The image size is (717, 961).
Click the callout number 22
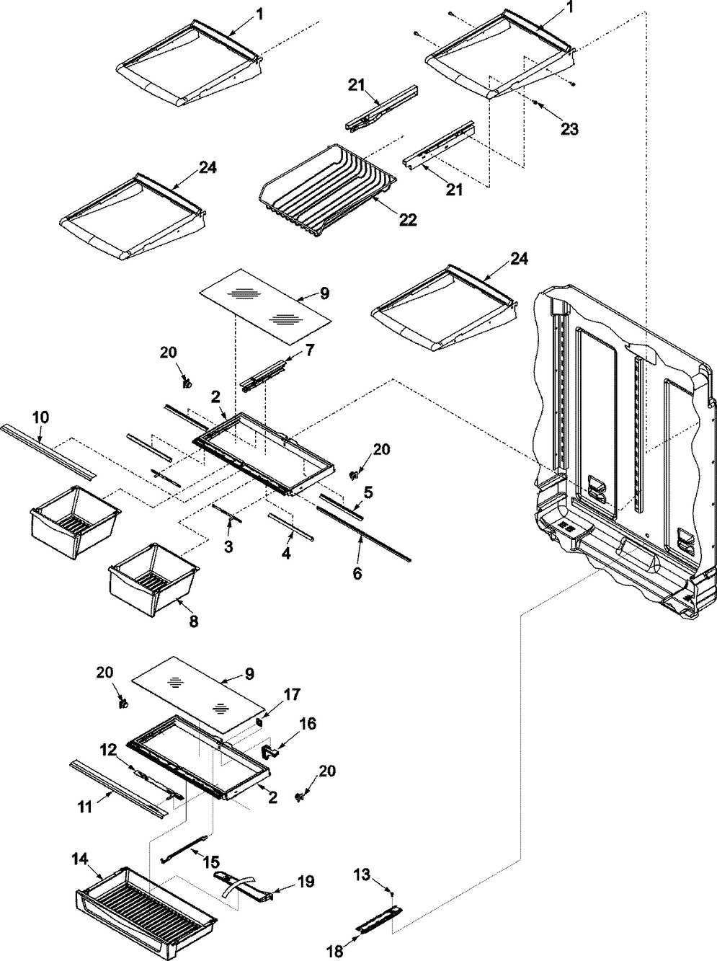point(407,220)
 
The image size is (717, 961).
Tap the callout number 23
point(569,129)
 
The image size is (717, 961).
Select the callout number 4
point(286,554)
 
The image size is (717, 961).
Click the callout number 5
point(368,492)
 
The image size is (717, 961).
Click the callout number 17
point(291,694)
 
